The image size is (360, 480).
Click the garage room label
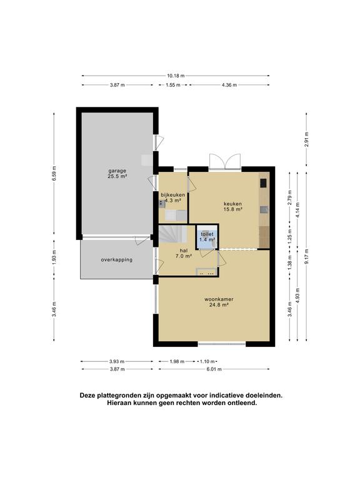point(117,174)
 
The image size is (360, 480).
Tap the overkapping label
point(117,259)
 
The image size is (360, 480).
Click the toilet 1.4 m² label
point(207,236)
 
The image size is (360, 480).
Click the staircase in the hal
point(170,235)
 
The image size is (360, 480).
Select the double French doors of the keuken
point(224,161)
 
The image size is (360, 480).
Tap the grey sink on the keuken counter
point(264,209)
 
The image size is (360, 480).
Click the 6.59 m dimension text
point(54,174)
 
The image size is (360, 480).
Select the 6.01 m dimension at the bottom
point(214,369)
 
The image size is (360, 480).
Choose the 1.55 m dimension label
point(174,85)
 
